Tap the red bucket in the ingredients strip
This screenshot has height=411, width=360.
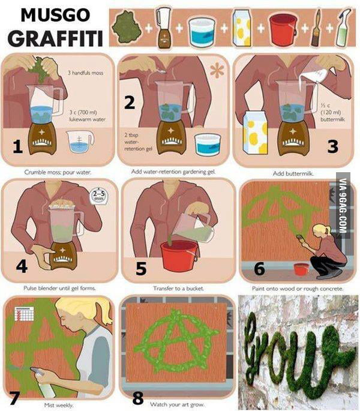click(x=283, y=28)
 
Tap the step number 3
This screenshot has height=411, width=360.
click(x=332, y=146)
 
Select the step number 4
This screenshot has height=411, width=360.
click(x=22, y=265)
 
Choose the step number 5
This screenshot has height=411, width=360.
click(x=141, y=269)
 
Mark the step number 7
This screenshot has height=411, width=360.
click(x=14, y=398)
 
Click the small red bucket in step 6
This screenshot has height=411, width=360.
click(x=301, y=269)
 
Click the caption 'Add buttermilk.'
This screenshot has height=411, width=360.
click(x=292, y=173)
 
